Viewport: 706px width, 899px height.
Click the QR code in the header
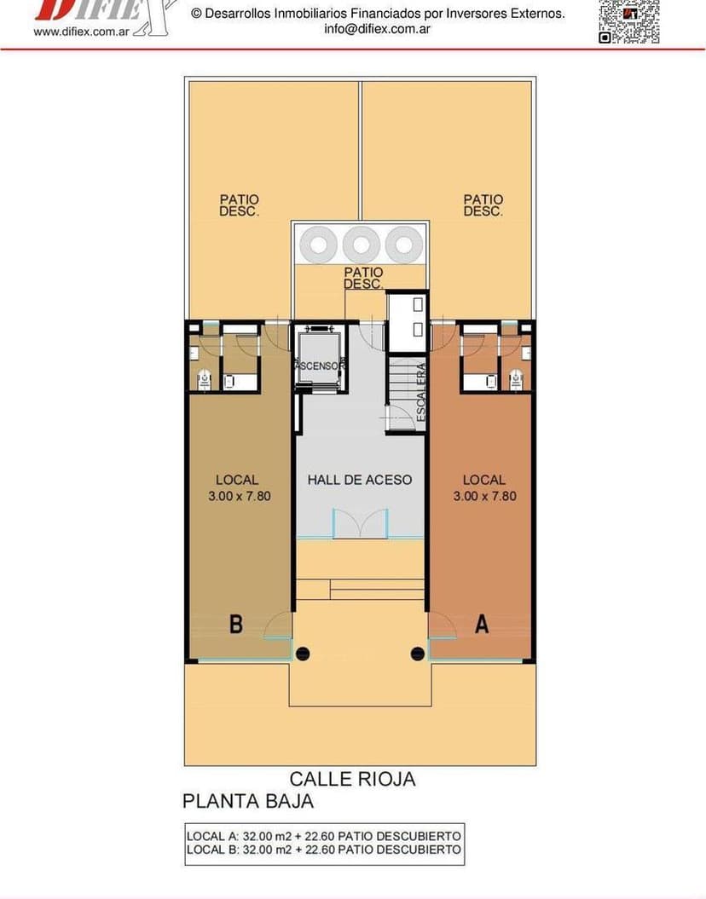click(x=628, y=21)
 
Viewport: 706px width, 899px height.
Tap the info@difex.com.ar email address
click(x=377, y=28)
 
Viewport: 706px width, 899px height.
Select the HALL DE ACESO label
click(x=359, y=480)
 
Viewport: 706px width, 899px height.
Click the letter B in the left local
click(x=236, y=625)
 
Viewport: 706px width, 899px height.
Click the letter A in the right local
click(x=482, y=625)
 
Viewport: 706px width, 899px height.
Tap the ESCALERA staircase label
click(x=420, y=392)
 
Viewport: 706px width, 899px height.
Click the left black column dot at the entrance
click(x=302, y=654)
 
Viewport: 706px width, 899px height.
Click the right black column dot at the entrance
click(x=418, y=654)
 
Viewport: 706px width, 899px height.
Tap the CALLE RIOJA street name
click(x=352, y=779)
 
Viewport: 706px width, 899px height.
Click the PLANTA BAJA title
click(x=248, y=801)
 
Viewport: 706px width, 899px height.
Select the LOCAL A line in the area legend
click(x=324, y=836)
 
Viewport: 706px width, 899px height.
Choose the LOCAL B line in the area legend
click(x=324, y=850)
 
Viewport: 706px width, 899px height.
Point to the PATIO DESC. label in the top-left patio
click(x=239, y=205)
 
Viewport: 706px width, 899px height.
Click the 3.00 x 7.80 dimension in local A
click(x=484, y=495)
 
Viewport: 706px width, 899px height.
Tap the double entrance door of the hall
click(x=359, y=524)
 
